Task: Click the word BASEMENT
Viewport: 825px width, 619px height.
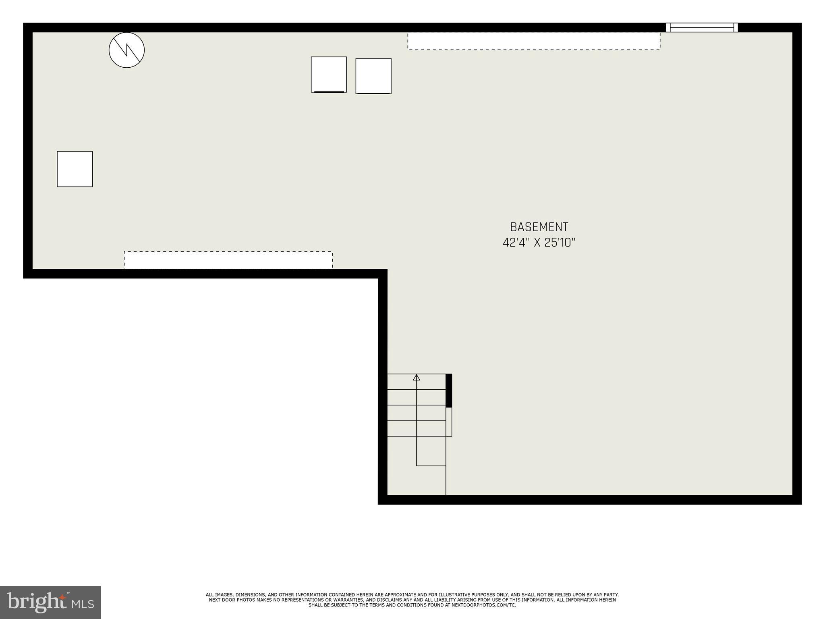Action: tap(539, 227)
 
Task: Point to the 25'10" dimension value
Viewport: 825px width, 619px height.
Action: tap(560, 243)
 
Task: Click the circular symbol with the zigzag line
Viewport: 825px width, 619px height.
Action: tap(126, 50)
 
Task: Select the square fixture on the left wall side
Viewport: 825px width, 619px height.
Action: tap(75, 169)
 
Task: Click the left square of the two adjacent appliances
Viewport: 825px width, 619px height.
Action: tap(329, 75)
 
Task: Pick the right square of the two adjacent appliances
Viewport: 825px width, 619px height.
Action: tap(373, 76)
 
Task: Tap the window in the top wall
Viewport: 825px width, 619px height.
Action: tap(702, 27)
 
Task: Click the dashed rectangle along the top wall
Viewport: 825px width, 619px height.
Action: tap(534, 41)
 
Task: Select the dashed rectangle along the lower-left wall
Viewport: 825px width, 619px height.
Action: tap(228, 260)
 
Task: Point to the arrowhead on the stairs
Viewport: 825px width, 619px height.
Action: tap(417, 378)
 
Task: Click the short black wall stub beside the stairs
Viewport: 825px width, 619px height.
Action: tap(449, 391)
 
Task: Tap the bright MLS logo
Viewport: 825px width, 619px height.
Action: tap(50, 602)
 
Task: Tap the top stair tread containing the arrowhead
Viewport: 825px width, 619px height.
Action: tap(417, 382)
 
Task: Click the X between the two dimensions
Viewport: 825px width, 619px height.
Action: tap(537, 243)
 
